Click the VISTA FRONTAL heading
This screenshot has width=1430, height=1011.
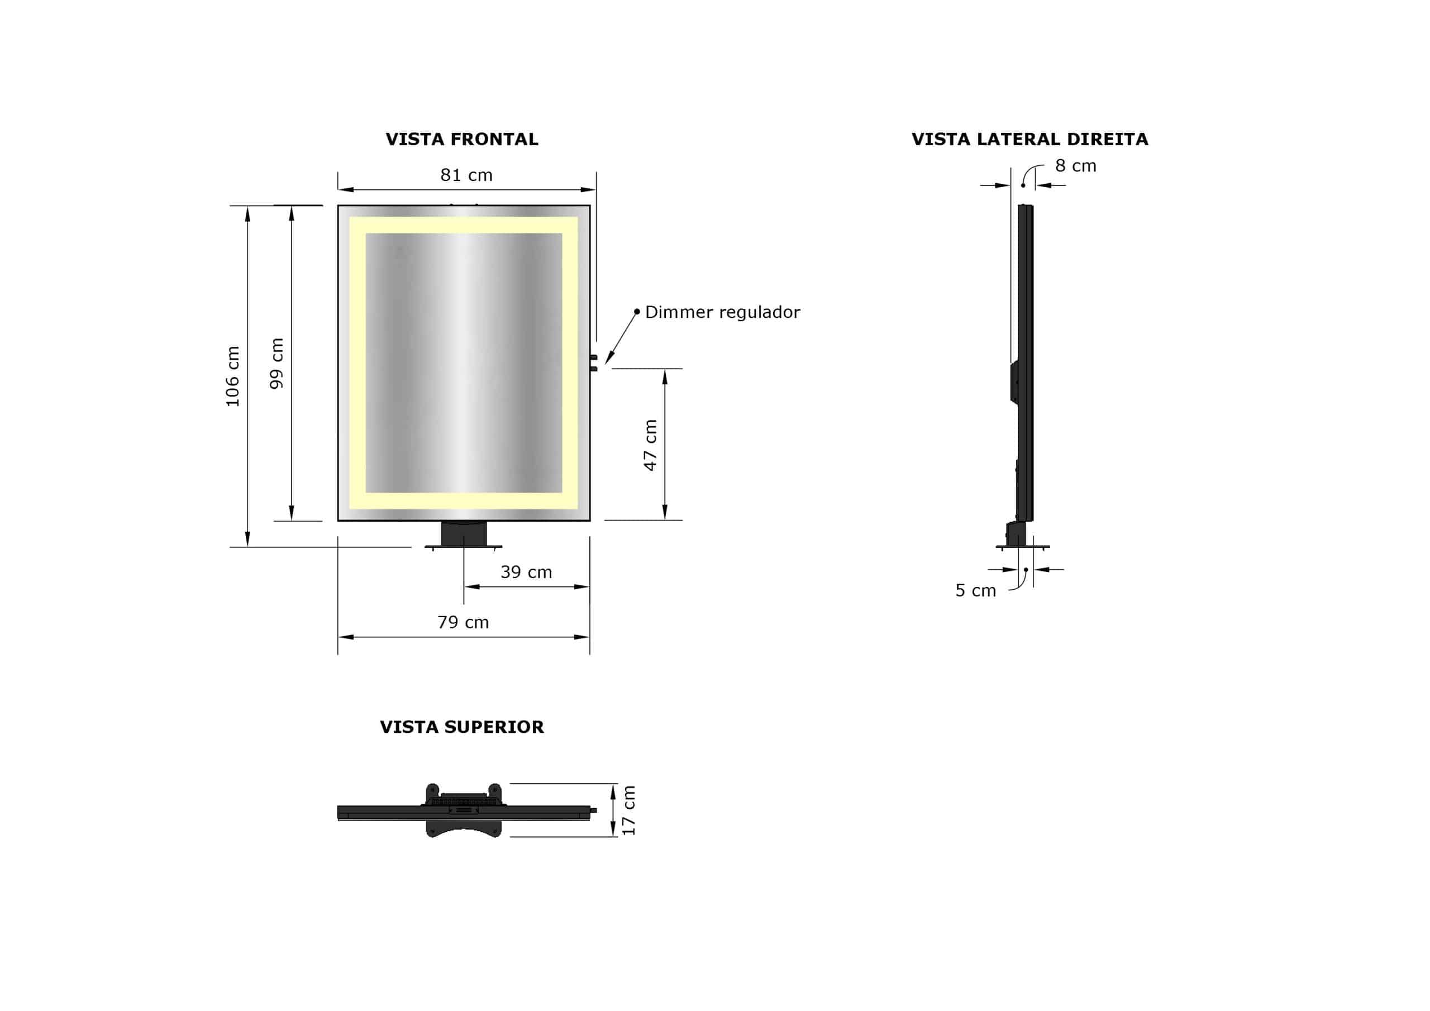pyautogui.click(x=461, y=139)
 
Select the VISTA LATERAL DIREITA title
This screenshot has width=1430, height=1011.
pyautogui.click(x=1029, y=139)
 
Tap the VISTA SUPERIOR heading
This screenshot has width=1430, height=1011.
pyautogui.click(x=461, y=727)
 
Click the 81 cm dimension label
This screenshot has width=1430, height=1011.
pyautogui.click(x=466, y=175)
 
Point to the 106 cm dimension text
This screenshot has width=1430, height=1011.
pyautogui.click(x=233, y=376)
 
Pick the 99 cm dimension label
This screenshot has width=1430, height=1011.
pyautogui.click(x=277, y=363)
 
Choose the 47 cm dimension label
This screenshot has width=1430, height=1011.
pyautogui.click(x=650, y=445)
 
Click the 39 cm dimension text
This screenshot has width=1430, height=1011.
pyautogui.click(x=526, y=572)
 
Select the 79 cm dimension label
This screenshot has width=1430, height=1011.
pyautogui.click(x=463, y=622)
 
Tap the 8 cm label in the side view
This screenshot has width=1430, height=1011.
pyautogui.click(x=1076, y=166)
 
